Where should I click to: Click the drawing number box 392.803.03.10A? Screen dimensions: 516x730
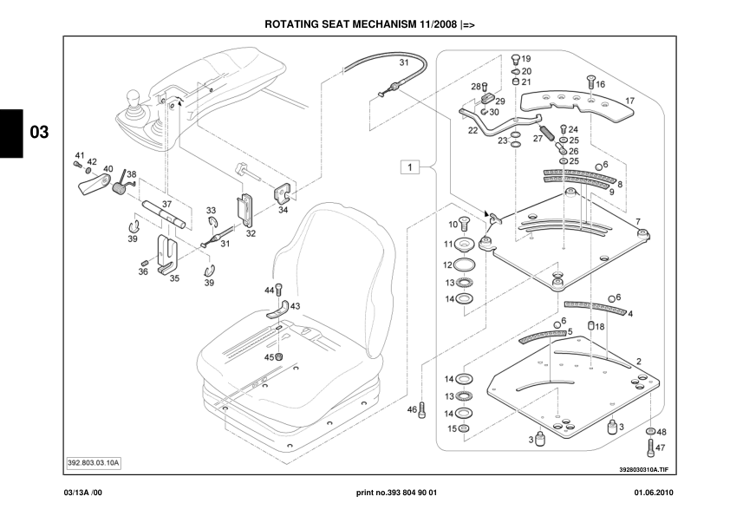94,462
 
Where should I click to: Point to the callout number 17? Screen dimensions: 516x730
630,101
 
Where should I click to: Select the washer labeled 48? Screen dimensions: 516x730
650,431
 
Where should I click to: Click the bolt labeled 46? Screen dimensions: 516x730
422,410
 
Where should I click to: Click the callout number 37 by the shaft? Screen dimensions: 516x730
167,205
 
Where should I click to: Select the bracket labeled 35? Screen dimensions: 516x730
167,256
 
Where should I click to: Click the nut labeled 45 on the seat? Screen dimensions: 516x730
280,357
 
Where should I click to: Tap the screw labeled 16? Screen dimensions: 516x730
590,84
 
